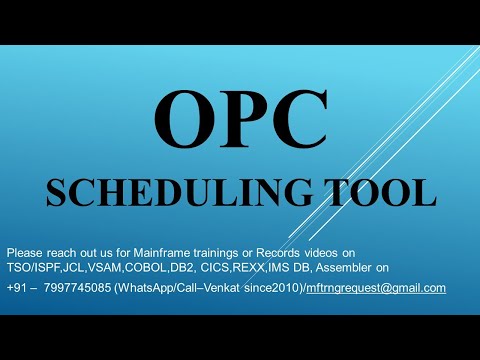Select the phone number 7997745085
(79, 288)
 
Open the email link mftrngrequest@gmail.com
(378, 288)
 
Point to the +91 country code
(17, 288)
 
